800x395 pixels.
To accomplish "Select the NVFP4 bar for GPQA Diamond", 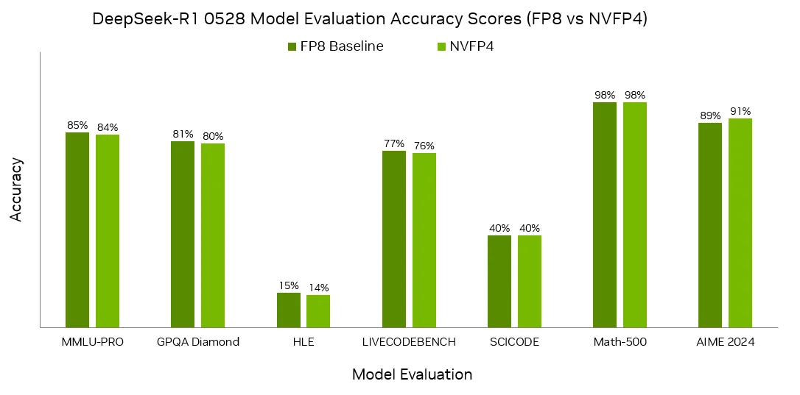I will tap(213, 235).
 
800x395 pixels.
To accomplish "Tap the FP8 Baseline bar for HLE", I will tap(289, 310).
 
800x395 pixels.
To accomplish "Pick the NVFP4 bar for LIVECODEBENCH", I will tap(424, 240).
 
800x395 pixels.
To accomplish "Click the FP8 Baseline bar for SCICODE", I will tap(499, 281).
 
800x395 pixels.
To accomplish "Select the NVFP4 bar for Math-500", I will tap(635, 214).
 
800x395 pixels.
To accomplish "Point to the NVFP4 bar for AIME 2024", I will tap(740, 222).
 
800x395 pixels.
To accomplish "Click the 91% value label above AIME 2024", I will tap(740, 112).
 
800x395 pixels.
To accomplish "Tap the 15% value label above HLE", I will tap(289, 285).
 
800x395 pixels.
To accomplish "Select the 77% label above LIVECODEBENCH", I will tap(394, 143).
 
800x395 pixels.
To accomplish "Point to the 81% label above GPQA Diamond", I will tap(183, 134).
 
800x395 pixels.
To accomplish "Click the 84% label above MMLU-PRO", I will tap(108, 127).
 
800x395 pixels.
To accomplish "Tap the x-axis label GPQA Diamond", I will tap(198, 342).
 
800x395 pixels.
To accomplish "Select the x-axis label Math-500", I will tap(620, 342).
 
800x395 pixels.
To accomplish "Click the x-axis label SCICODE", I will tap(514, 342).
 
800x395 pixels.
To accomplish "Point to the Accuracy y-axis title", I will tap(17, 189).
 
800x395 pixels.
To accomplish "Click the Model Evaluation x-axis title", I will tap(412, 374).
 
